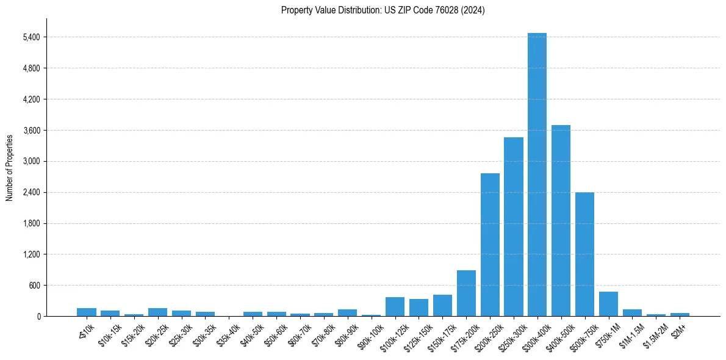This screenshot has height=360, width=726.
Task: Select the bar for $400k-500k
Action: click(x=561, y=220)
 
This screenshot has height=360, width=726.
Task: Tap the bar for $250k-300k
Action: click(x=514, y=226)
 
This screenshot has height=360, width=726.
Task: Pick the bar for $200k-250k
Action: click(x=490, y=245)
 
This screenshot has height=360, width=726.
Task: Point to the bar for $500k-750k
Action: click(x=584, y=254)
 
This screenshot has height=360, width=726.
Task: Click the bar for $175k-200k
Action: click(x=466, y=293)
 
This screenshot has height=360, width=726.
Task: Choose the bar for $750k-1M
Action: click(x=608, y=304)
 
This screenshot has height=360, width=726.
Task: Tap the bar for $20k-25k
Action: click(x=157, y=312)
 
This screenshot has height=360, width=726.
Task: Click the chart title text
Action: click(x=383, y=10)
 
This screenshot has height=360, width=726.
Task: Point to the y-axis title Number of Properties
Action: click(x=10, y=167)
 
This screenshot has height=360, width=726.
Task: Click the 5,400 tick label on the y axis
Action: click(x=31, y=37)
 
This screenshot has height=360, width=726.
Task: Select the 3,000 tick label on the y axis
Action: click(x=31, y=162)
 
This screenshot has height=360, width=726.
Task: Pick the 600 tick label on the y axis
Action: click(x=34, y=286)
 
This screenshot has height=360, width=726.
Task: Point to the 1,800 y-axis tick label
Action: click(x=31, y=223)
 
